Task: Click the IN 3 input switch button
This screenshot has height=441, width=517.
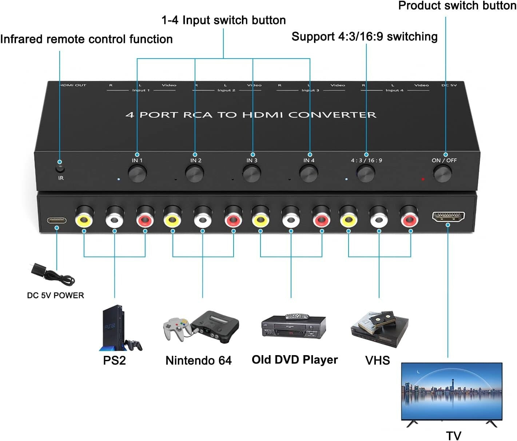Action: [x=251, y=174]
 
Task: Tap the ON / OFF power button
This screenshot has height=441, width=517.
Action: [x=442, y=174]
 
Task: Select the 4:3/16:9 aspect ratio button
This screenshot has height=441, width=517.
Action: [x=366, y=174]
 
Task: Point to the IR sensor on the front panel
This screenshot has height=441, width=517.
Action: [x=60, y=169]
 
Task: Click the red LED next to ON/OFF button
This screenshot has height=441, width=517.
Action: [x=423, y=179]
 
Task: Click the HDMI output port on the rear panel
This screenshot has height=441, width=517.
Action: [x=448, y=216]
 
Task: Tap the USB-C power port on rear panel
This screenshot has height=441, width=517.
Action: [x=56, y=220]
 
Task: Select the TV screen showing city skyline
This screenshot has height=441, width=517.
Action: [x=452, y=391]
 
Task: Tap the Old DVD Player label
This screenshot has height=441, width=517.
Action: [x=295, y=359]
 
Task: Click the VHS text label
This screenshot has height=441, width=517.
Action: [x=377, y=360]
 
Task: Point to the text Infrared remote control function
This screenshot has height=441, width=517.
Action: [x=86, y=39]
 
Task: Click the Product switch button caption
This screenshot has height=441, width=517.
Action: [x=457, y=6]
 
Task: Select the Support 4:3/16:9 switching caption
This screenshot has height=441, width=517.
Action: [x=364, y=37]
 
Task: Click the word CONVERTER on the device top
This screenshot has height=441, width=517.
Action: [x=332, y=115]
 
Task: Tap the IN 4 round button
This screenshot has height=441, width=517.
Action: [x=309, y=174]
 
